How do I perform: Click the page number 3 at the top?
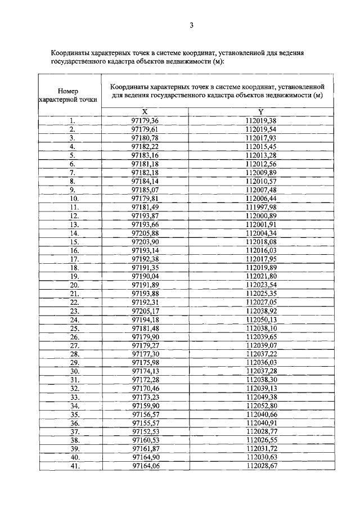tap(191, 25)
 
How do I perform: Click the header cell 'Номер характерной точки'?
tap(68, 95)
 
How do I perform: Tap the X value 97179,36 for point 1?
tap(145, 120)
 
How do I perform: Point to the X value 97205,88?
tap(145, 233)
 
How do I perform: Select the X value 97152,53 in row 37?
tap(145, 432)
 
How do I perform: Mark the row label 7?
tap(73, 172)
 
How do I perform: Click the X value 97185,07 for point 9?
tap(145, 190)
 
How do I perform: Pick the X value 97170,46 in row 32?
tap(145, 389)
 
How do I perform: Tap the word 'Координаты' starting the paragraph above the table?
tap(69, 52)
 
